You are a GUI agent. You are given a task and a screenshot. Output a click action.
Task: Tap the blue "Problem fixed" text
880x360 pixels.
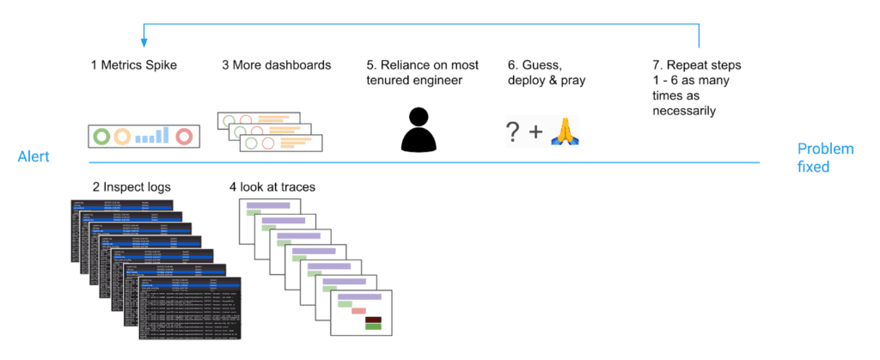823,157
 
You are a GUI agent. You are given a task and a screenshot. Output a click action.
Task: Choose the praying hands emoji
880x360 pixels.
565,132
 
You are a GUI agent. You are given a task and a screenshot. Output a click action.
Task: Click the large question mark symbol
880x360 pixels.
513,132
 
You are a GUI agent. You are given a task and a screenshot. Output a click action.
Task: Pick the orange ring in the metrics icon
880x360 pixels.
124,136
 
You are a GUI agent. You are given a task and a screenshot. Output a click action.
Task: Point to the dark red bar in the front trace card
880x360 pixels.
373,317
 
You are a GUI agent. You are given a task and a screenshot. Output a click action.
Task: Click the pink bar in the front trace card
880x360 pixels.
346,310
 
